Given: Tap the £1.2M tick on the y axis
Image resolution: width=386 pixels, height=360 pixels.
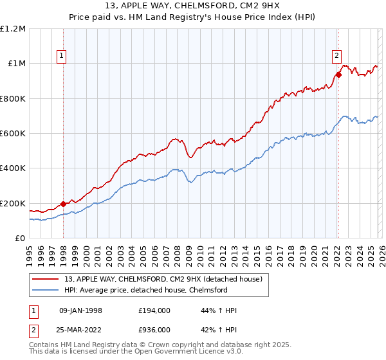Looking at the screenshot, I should [x=13, y=29].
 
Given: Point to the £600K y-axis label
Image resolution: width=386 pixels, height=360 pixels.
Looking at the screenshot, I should [x=13, y=134].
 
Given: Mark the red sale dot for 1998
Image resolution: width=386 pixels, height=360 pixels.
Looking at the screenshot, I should [x=63, y=204].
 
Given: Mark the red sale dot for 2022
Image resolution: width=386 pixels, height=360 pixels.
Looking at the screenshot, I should [x=338, y=75].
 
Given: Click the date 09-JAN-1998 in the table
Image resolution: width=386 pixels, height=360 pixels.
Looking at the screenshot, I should [x=81, y=310].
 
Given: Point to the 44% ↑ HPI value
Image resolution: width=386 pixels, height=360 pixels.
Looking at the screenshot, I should [x=219, y=310].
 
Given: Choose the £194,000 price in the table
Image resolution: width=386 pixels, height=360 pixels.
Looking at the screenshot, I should [x=154, y=310].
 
